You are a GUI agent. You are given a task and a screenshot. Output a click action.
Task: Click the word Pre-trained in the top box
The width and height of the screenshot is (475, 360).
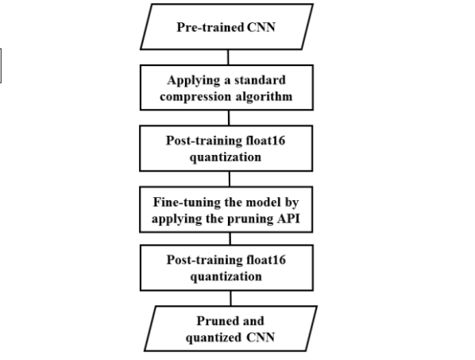coord(210,27)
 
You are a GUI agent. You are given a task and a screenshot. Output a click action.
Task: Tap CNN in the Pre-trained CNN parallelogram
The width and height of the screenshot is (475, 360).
coord(261,27)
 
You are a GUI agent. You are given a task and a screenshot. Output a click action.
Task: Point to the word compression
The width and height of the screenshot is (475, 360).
coord(195,97)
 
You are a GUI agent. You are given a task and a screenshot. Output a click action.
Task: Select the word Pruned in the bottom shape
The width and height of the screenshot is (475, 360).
coord(217,321)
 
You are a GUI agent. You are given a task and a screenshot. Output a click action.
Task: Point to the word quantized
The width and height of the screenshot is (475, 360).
coord(214,338)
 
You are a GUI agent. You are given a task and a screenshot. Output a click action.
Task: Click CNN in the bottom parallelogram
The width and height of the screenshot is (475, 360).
coord(261,337)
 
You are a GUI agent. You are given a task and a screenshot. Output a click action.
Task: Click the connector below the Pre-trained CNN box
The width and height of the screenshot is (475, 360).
coord(228,57)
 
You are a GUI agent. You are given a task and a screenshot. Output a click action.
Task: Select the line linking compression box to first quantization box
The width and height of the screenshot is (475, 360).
coord(229,118)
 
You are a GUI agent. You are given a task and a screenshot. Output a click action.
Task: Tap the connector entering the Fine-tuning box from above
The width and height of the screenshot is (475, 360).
coord(230,179)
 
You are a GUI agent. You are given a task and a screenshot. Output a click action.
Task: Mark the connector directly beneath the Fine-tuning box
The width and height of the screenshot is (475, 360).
coord(230,238)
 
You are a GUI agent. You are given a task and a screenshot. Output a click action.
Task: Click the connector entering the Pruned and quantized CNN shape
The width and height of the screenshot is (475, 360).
coord(230,298)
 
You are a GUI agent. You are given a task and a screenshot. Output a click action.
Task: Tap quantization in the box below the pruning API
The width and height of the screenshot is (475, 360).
coord(226,277)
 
